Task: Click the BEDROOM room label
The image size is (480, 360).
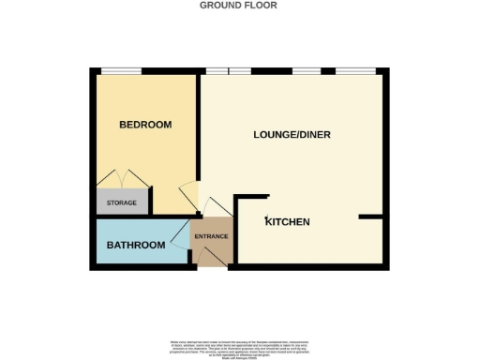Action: click(x=145, y=125)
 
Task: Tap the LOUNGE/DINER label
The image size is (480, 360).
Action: click(x=292, y=135)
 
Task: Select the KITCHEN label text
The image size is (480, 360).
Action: click(x=288, y=222)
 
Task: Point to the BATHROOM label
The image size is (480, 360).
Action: click(x=136, y=246)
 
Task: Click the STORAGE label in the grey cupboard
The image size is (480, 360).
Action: click(x=122, y=203)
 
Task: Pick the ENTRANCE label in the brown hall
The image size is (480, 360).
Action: click(x=211, y=236)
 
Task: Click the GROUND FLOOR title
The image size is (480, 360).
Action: click(x=238, y=6)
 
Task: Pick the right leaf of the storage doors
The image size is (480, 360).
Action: click(x=138, y=179)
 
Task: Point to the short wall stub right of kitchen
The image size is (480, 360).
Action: click(x=372, y=217)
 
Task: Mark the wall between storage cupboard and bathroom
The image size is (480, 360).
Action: click(x=125, y=217)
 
